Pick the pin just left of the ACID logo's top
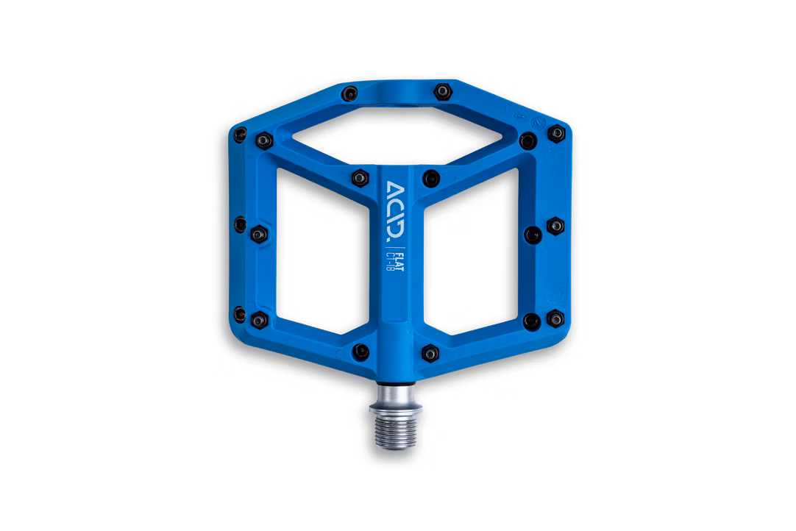coord(358,177)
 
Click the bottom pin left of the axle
coord(359,350)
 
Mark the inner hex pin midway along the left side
coord(258,233)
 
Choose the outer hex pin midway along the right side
coord(556,224)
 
